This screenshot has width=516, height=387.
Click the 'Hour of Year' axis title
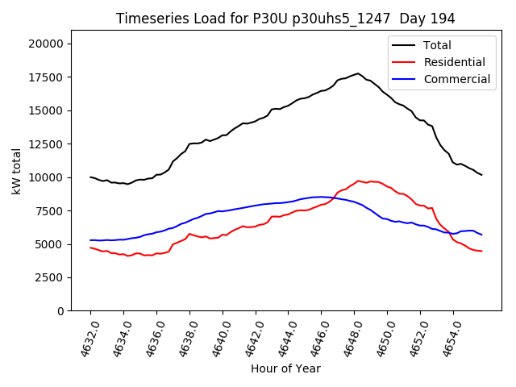285,369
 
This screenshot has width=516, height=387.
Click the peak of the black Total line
359,73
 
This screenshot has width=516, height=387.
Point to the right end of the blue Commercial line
481,235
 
